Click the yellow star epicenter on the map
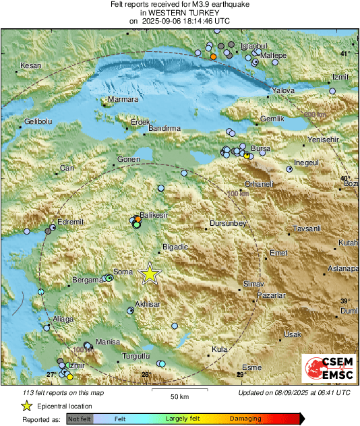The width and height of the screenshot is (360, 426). [x=150, y=274]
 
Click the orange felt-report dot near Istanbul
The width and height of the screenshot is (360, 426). [x=213, y=57]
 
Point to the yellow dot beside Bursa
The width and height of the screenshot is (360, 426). [x=247, y=156]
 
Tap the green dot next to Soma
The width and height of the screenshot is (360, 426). [x=109, y=277]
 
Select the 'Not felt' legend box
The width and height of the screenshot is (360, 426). [x=80, y=419]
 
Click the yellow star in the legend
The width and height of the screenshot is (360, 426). [x=26, y=406]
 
